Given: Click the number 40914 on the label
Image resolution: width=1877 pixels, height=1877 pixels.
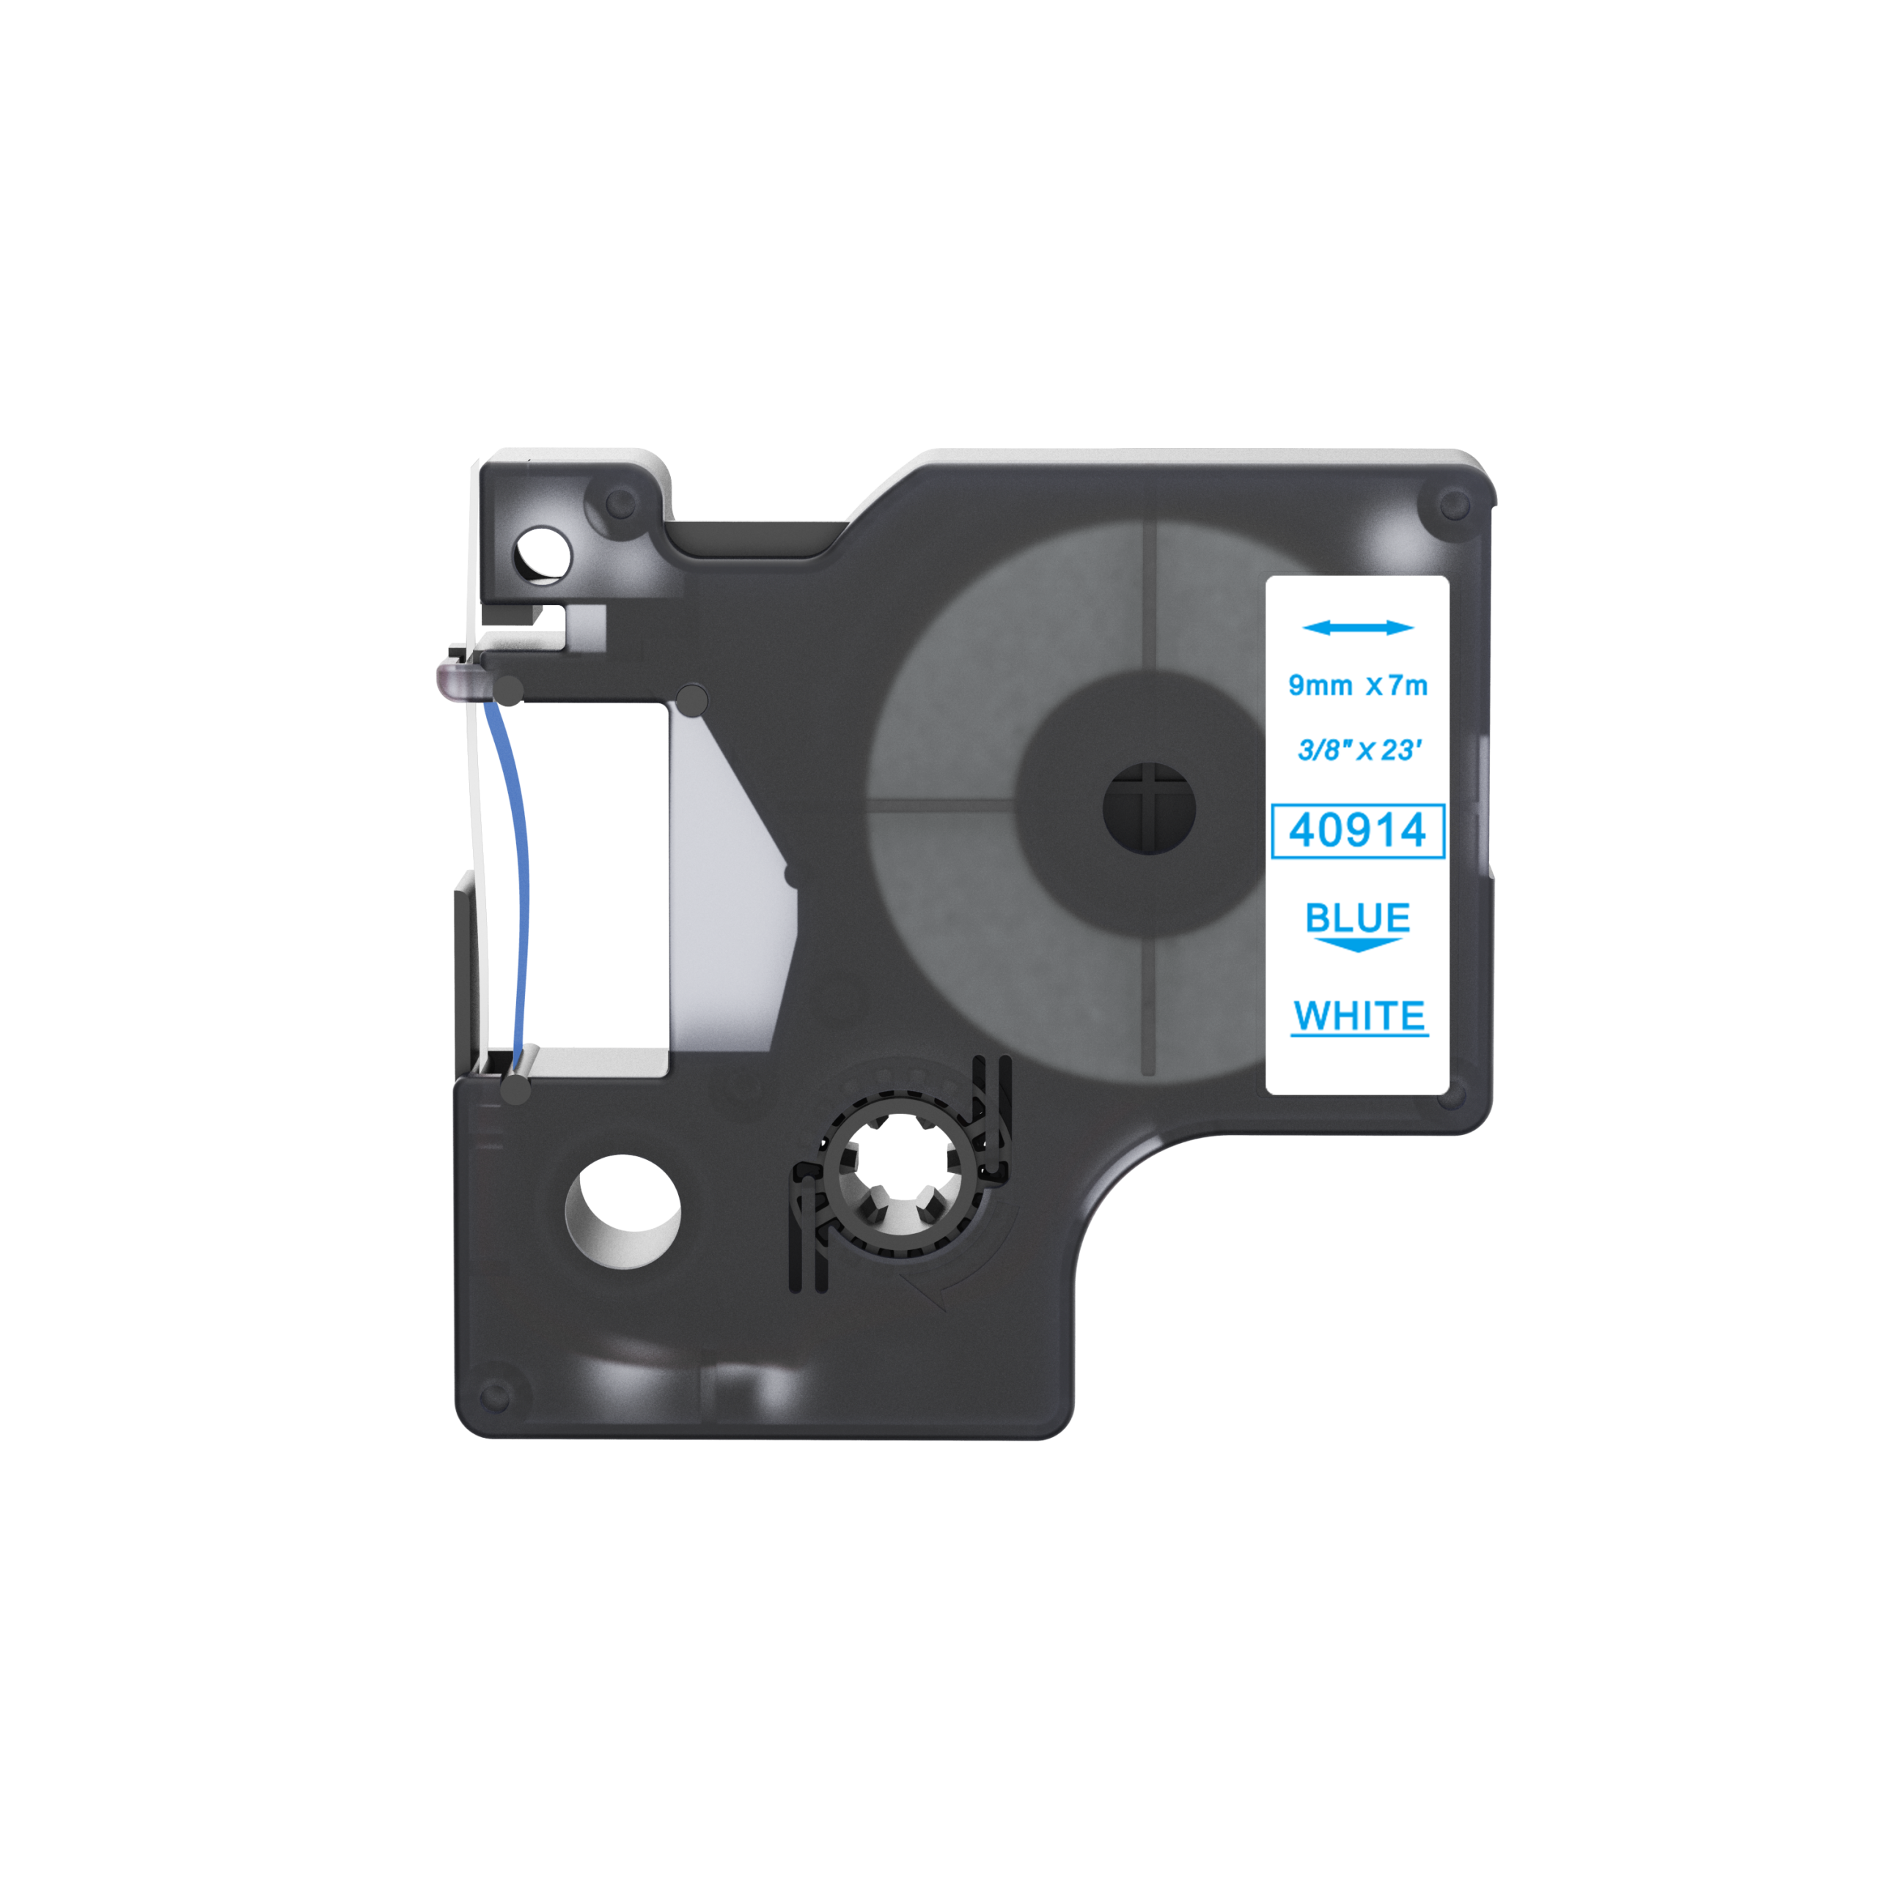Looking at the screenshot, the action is click(x=1357, y=831).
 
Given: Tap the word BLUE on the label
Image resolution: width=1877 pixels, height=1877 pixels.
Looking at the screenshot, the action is click(x=1357, y=917).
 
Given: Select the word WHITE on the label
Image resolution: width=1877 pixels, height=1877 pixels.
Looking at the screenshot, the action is click(x=1359, y=1016).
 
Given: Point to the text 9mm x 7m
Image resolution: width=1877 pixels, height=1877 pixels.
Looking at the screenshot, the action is click(x=1357, y=686).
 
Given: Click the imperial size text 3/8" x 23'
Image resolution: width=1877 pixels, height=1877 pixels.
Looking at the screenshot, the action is click(x=1359, y=750).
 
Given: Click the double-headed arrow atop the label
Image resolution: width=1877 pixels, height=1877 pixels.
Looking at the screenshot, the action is click(x=1357, y=628).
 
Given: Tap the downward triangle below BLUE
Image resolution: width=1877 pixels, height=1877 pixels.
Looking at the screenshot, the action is click(x=1357, y=944).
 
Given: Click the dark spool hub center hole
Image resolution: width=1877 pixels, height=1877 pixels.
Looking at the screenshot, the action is click(x=1150, y=808).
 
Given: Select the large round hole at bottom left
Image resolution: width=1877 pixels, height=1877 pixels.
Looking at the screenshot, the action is click(x=622, y=1211).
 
